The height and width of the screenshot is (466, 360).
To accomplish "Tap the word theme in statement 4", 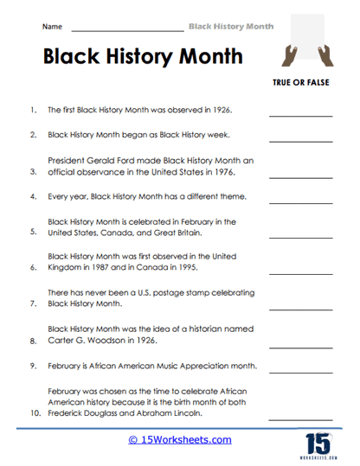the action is click(225, 196).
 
